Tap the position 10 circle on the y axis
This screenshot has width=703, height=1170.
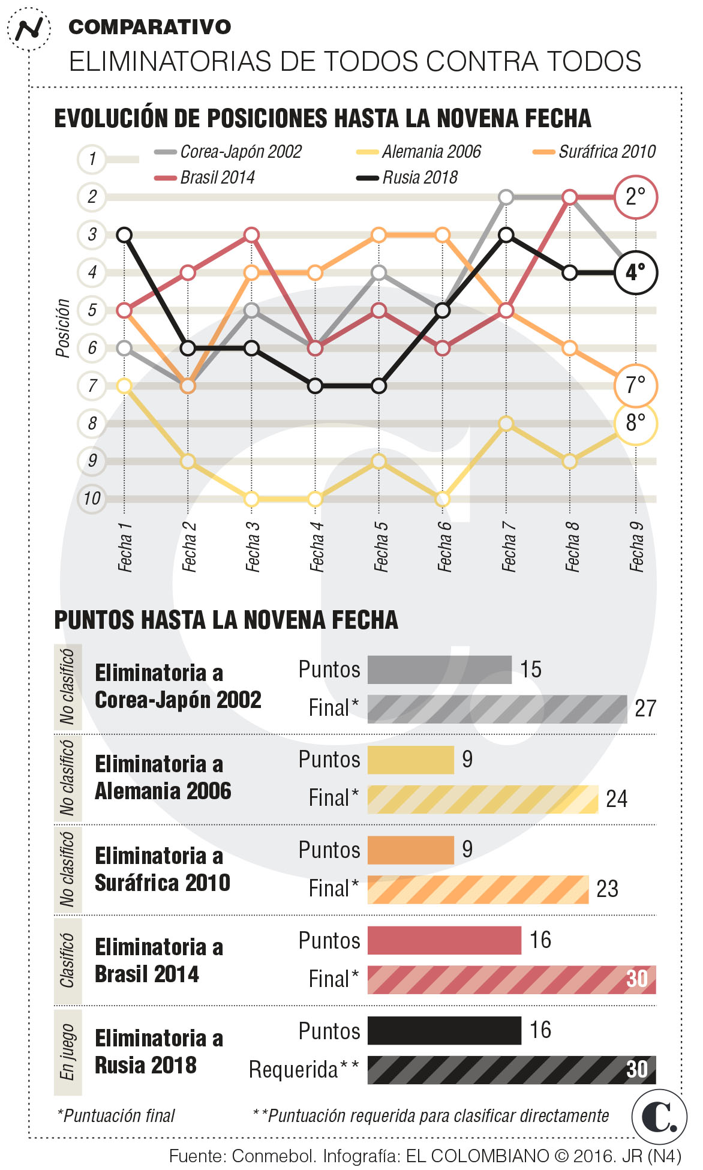click(92, 499)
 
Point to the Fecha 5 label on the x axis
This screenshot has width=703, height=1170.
click(380, 546)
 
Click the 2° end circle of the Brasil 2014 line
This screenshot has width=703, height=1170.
click(635, 197)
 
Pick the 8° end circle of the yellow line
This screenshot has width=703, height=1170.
click(635, 424)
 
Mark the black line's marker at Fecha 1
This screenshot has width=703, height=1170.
click(124, 235)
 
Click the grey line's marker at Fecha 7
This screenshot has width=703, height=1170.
click(506, 197)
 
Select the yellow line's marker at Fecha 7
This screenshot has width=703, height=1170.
click(506, 424)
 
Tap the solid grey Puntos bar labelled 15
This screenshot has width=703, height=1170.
click(439, 670)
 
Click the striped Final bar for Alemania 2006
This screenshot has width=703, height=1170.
click(483, 799)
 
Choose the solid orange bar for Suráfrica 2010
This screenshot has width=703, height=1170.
click(411, 850)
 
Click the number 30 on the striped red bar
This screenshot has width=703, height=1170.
click(637, 979)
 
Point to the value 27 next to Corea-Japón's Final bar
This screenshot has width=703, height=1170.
click(645, 709)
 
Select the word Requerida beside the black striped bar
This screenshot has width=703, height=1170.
click(293, 1070)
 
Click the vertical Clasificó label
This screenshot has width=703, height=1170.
click(67, 960)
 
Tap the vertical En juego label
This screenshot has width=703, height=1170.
click(67, 1052)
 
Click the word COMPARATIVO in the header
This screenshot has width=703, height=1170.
click(150, 27)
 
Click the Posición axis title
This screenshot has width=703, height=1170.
click(63, 328)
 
